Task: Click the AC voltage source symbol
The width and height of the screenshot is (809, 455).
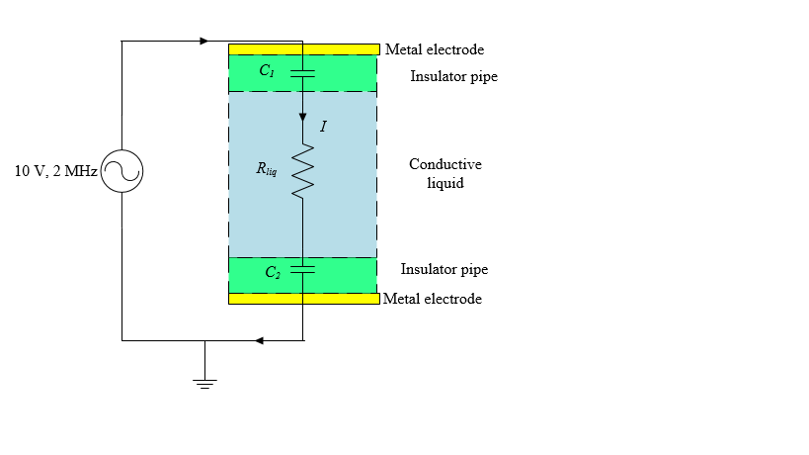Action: coord(121,172)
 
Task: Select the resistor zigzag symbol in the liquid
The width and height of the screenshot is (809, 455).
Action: coord(302,171)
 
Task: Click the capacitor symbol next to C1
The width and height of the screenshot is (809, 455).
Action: coord(302,72)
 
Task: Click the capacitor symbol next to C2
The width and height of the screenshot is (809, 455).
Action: coord(302,268)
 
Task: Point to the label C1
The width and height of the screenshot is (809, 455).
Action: coord(267,71)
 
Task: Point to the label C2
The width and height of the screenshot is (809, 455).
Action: coord(273,273)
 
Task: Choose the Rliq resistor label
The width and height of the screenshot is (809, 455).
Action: coord(266,169)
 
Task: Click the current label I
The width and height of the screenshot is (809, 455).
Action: coord(323,128)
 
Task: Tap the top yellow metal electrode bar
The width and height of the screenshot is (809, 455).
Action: coord(303,48)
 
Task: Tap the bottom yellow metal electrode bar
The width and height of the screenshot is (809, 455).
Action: coord(303,298)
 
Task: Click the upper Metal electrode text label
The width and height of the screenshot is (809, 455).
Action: coord(435,49)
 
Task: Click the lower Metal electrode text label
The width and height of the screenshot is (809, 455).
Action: coord(433,299)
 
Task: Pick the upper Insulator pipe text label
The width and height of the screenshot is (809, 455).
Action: coord(453,76)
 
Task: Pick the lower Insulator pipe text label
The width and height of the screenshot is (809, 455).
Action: coord(444,269)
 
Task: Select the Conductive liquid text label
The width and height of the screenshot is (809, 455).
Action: coord(445,173)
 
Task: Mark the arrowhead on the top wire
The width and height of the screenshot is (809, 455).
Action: coord(203,42)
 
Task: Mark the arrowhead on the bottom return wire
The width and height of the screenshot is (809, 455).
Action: coord(260,340)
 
